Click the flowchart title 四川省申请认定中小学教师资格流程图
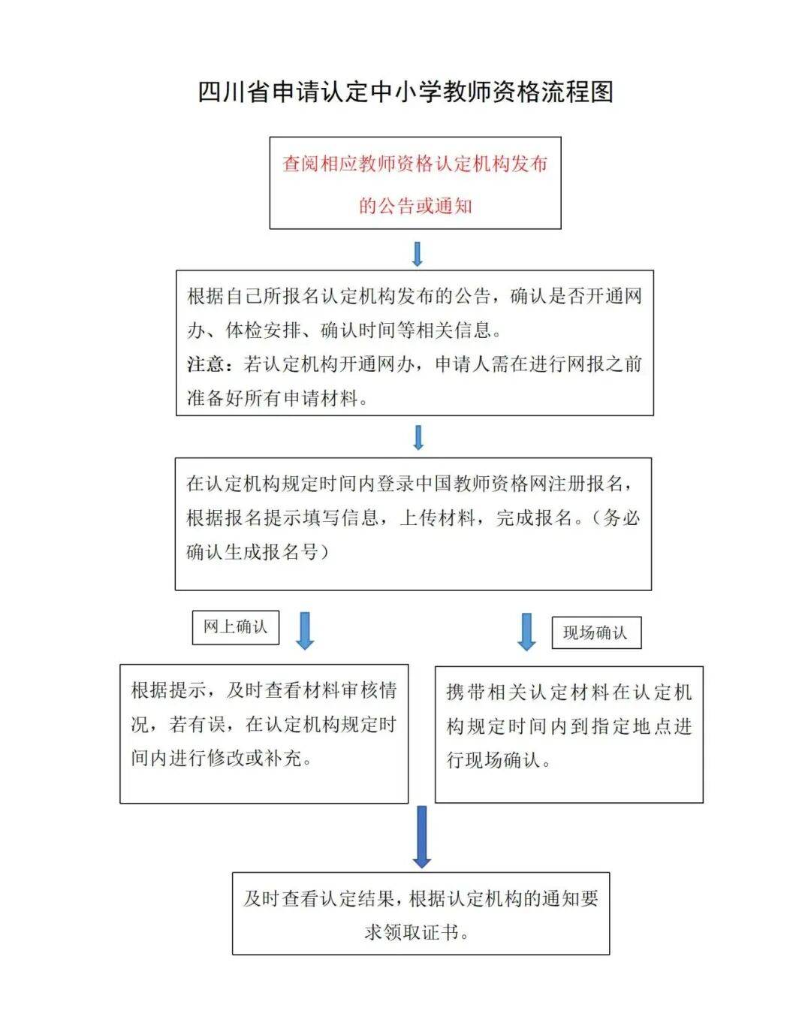405,92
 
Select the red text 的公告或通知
415,207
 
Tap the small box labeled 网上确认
236,628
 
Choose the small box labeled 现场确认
596,633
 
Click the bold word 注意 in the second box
206,364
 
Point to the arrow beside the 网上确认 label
305,631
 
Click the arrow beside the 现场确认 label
526,632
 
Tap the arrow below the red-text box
418,255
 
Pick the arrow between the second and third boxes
418,438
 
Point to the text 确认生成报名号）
258,552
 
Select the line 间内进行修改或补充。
222,758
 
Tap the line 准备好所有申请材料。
278,398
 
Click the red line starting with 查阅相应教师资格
415,164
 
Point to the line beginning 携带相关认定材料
569,692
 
